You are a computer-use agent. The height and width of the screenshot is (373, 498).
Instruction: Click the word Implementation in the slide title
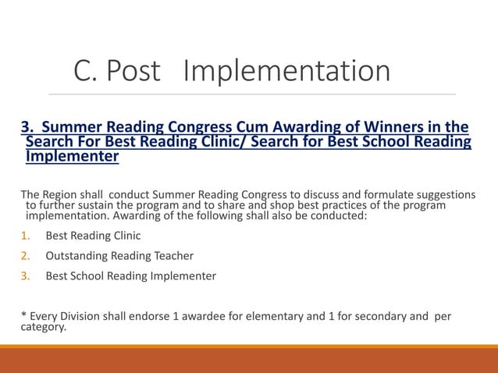tap(286, 72)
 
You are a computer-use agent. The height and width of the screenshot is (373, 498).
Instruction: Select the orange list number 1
tap(25, 235)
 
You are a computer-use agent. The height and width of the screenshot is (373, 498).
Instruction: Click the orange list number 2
tap(25, 255)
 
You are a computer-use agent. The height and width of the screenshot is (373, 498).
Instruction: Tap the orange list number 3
tap(25, 275)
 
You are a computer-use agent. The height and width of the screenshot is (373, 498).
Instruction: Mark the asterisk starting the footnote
tap(23, 317)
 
